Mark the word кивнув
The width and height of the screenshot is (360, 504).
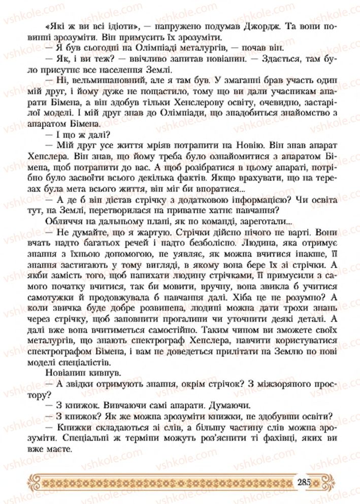click(96, 375)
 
